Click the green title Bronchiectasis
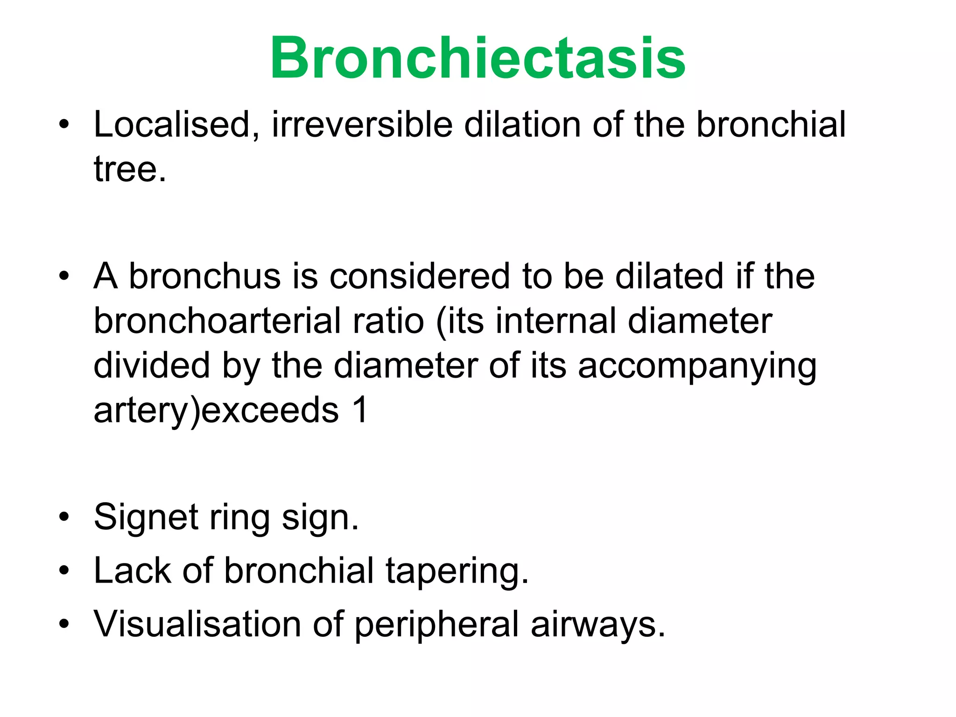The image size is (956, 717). pyautogui.click(x=478, y=58)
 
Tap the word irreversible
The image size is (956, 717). pyautogui.click(x=362, y=125)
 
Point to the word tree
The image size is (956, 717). pyautogui.click(x=129, y=169)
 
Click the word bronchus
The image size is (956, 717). pyautogui.click(x=204, y=276)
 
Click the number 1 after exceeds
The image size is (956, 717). pyautogui.click(x=360, y=410)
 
